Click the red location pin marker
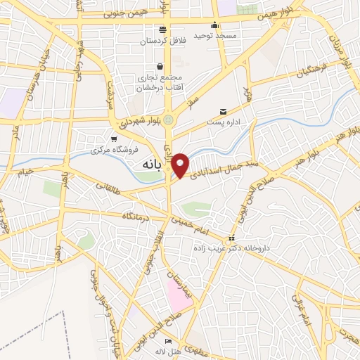pyautogui.click(x=181, y=165)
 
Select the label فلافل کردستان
pyautogui.click(x=162, y=41)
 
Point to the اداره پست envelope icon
pyautogui.click(x=224, y=111)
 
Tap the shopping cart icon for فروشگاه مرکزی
pyautogui.click(x=115, y=139)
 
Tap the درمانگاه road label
pyautogui.click(x=137, y=217)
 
